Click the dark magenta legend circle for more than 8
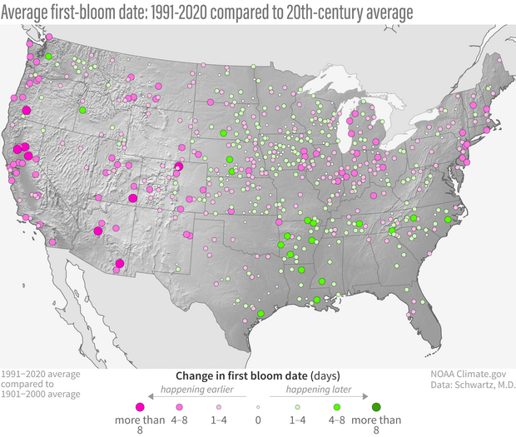(x=141, y=406)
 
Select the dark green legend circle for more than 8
(x=376, y=406)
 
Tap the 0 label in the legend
(x=258, y=420)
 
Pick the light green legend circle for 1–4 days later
(x=297, y=406)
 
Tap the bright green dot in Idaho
(x=82, y=110)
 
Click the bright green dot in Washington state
(x=49, y=57)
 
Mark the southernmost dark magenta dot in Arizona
(x=120, y=264)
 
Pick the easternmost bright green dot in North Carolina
(x=447, y=219)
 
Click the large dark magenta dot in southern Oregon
(x=26, y=110)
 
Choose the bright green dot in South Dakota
(x=223, y=133)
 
